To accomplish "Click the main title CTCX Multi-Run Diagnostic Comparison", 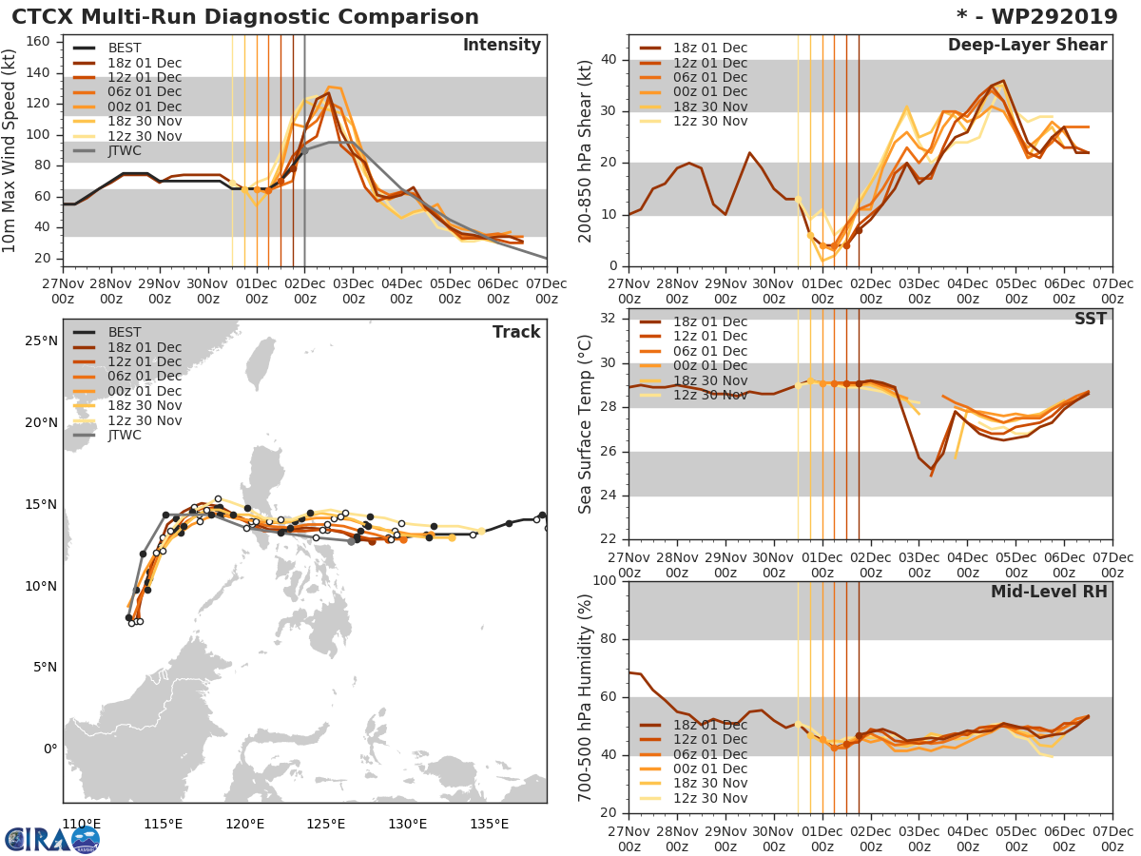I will coord(245,17).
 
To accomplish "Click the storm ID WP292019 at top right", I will coord(1047,17).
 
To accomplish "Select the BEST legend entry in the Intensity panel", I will coord(125,49).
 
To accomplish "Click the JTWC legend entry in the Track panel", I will coord(125,436).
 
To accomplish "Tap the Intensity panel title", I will coord(501,46).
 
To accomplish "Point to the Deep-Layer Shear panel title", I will coord(1027,46).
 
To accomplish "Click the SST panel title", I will coord(1091,320).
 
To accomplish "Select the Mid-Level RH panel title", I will coord(1049,592).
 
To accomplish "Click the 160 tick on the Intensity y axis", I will coord(43,42).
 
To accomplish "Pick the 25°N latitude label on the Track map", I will coord(41,341).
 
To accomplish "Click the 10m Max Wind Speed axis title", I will coord(10,150).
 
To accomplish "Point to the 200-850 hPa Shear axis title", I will coord(586,150).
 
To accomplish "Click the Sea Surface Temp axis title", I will coord(586,424).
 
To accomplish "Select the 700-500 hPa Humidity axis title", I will coord(586,696).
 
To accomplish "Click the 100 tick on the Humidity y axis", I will coord(606,581).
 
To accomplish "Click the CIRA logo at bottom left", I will coord(52,839).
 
